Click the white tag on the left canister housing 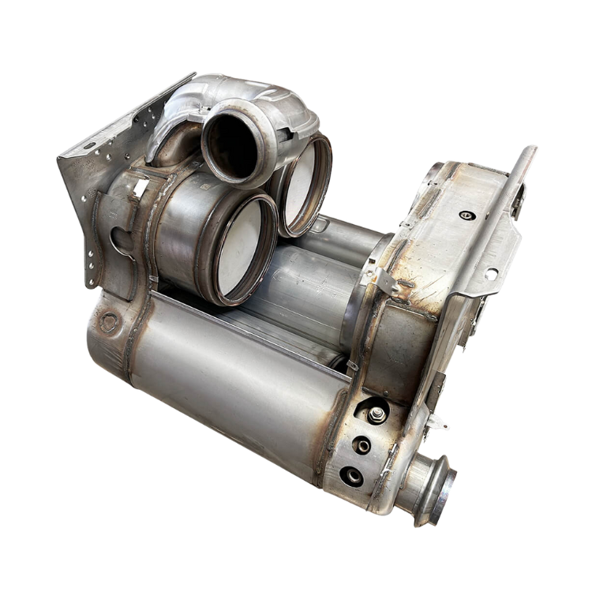[x=141, y=187]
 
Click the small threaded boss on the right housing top [x=465, y=214]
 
